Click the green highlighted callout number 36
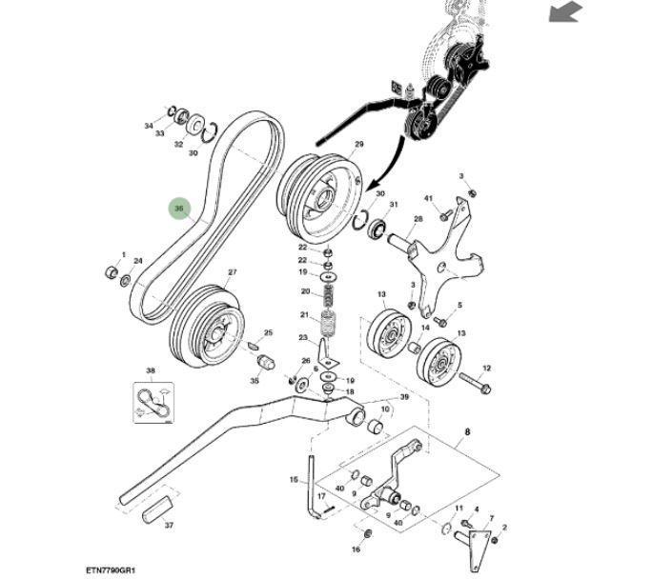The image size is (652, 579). click(x=179, y=209)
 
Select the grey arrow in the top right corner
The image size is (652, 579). click(x=565, y=12)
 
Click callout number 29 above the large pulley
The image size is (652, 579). click(x=359, y=145)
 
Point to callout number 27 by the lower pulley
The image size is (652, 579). click(x=232, y=273)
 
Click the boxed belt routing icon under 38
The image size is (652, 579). click(x=151, y=397)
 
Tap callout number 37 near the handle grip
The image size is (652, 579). click(x=169, y=525)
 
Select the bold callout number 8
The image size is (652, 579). click(x=467, y=431)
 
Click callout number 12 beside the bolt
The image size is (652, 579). click(x=486, y=368)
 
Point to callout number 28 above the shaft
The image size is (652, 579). click(x=418, y=220)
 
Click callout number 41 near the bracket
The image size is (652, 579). click(x=428, y=198)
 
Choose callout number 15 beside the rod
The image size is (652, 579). click(x=294, y=480)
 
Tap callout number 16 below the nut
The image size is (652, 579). click(x=356, y=549)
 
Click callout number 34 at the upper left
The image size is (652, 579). click(x=149, y=126)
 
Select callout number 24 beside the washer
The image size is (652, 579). click(x=138, y=261)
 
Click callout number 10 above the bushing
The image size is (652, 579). click(x=385, y=409)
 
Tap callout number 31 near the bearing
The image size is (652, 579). click(x=393, y=205)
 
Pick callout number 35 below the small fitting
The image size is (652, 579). click(x=255, y=380)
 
